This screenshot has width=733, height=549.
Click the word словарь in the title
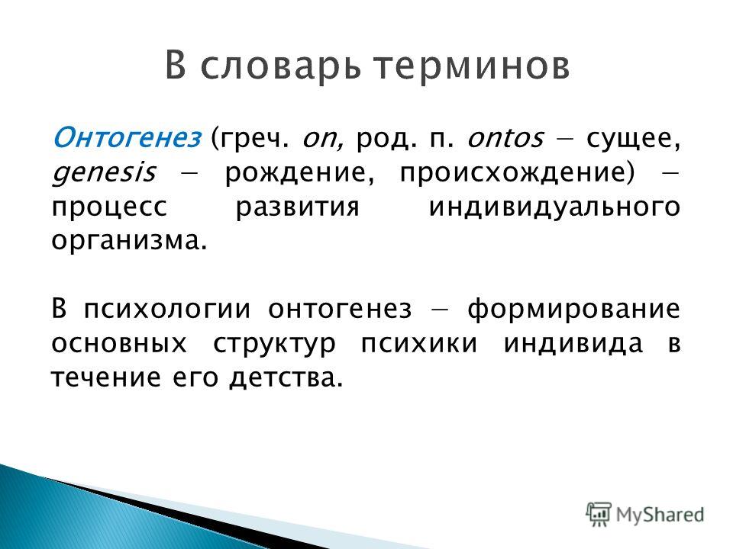tap(282, 67)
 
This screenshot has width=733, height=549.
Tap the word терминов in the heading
tap(472, 67)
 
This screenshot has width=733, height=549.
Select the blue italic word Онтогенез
tap(127, 138)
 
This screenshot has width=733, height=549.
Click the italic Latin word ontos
tap(505, 139)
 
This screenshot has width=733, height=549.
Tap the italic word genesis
tap(103, 173)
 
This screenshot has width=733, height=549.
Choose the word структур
tap(274, 345)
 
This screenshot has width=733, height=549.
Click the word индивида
tap(573, 344)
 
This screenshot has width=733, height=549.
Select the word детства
tap(286, 379)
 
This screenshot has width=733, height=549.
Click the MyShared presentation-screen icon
tap(598, 515)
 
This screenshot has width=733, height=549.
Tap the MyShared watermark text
tap(660, 515)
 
